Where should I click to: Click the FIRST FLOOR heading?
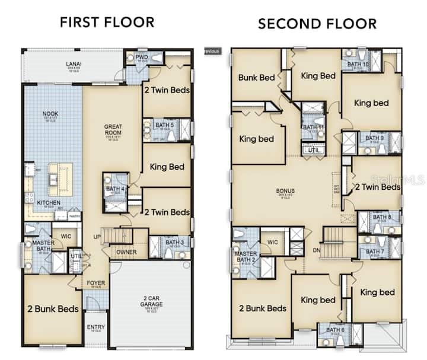pyautogui.click(x=107, y=22)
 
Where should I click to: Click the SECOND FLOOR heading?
pyautogui.click(x=317, y=24)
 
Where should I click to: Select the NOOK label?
pyautogui.click(x=50, y=113)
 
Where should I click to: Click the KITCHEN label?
pyautogui.click(x=49, y=202)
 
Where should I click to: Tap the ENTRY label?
pyautogui.click(x=95, y=327)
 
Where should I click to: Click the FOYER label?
pyautogui.click(x=95, y=283)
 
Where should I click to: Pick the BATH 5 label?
pyautogui.click(x=164, y=125)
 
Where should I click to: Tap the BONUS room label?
pyautogui.click(x=285, y=191)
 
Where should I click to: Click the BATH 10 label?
pyautogui.click(x=358, y=64)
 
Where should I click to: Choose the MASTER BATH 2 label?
pyautogui.click(x=246, y=257)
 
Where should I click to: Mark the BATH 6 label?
pyautogui.click(x=334, y=330)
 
